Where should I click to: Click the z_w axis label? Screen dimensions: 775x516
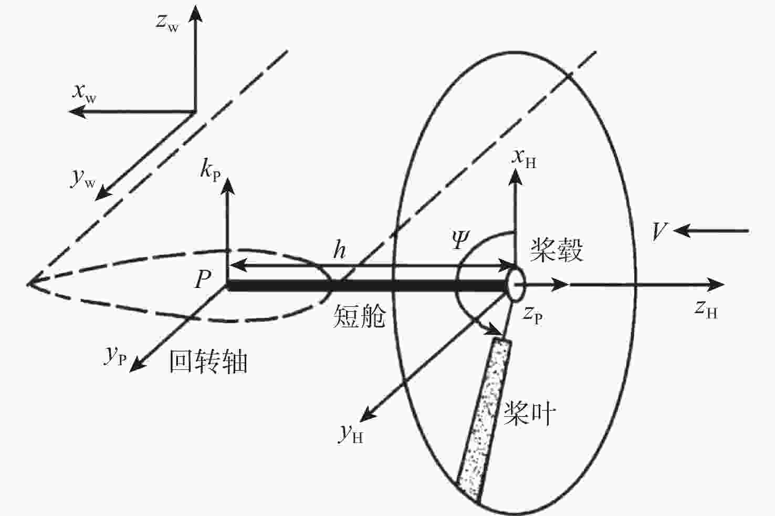click(167, 23)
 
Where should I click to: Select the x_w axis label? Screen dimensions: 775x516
click(84, 94)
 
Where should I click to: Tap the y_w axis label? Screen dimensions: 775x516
click(83, 179)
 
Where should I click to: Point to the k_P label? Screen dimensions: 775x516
click(211, 170)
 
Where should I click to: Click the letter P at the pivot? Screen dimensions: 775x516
click(203, 279)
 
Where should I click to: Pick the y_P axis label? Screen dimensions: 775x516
click(115, 357)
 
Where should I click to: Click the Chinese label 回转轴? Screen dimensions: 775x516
click(208, 362)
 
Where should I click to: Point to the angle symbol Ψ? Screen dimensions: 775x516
click(461, 240)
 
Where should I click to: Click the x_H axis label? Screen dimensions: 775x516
click(524, 159)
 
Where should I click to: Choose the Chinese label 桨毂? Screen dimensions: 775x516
click(557, 250)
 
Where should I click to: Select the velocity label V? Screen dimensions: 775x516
click(659, 231)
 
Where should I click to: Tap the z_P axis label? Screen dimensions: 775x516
click(532, 315)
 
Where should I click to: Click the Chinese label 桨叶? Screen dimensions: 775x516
click(529, 413)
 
